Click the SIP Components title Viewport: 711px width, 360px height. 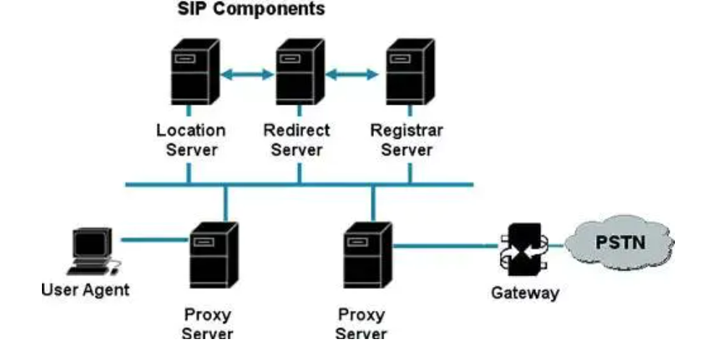(242, 11)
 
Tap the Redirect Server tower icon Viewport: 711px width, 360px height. (299, 72)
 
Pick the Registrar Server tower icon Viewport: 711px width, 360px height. (409, 72)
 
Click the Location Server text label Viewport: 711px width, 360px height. (190, 140)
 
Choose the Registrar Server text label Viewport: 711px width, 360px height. (406, 140)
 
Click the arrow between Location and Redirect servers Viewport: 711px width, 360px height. (244, 73)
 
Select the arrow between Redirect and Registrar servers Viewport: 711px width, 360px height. (352, 73)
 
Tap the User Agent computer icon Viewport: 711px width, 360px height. (92, 252)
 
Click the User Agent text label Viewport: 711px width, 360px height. (85, 291)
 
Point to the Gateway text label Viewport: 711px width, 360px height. (525, 293)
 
